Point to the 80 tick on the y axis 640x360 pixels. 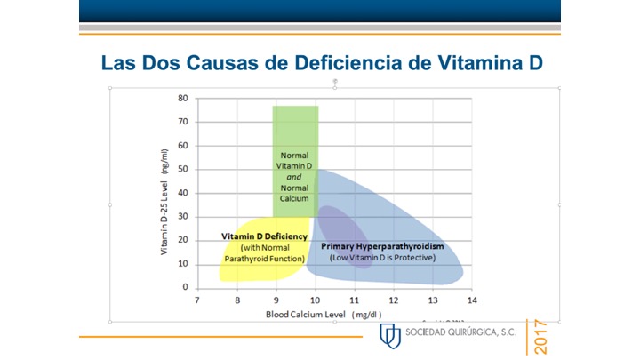(181, 98)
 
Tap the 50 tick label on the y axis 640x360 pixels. (181, 169)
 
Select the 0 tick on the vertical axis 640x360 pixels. (184, 287)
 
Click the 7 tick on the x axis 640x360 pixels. (197, 301)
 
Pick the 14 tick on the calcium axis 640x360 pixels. (471, 301)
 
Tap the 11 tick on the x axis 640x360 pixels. (354, 301)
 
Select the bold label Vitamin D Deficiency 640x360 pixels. (265, 236)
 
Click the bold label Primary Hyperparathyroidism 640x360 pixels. (382, 246)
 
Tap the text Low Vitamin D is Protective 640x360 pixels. (382, 258)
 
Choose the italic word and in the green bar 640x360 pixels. (294, 177)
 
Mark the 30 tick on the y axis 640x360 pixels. (181, 216)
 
